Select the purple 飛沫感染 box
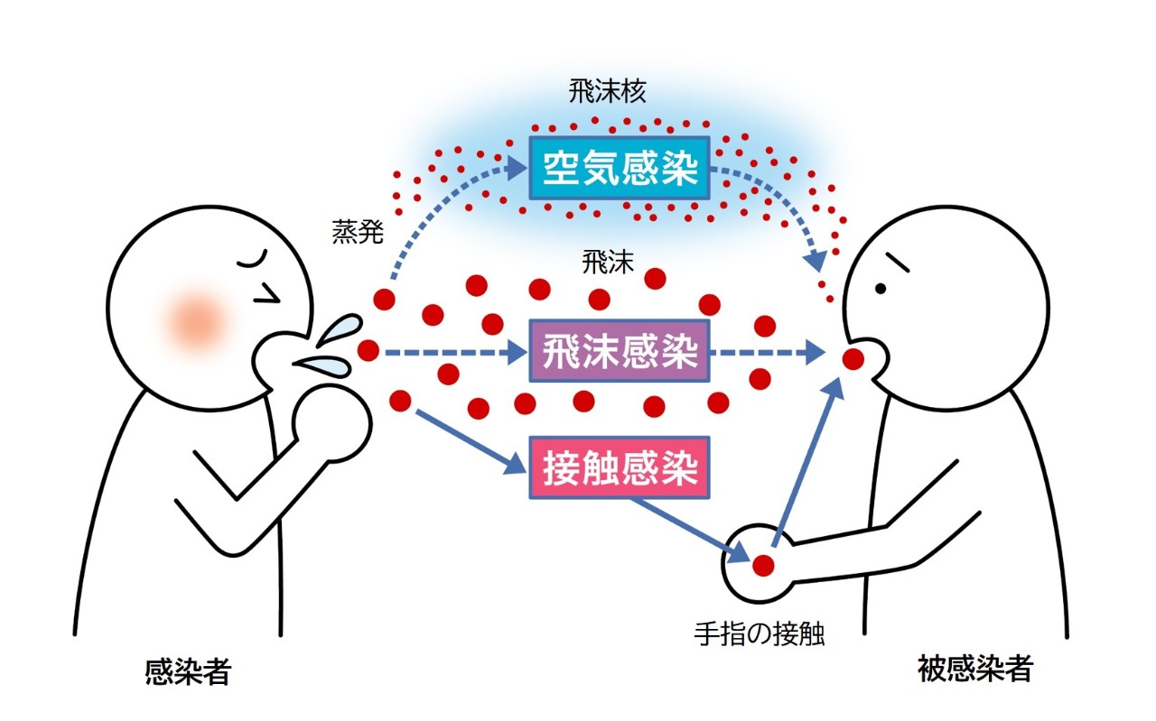click(619, 351)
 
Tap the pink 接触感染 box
click(619, 467)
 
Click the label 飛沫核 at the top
click(608, 92)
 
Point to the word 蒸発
click(358, 235)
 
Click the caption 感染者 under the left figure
click(188, 671)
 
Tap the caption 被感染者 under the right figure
click(974, 670)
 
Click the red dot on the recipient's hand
click(763, 566)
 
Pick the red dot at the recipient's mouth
click(853, 359)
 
